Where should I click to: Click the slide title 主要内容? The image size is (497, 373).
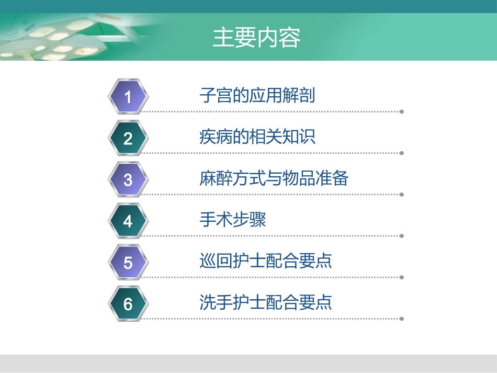point(256,38)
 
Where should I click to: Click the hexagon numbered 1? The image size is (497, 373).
point(128,97)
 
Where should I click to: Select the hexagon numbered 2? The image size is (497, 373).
point(128,139)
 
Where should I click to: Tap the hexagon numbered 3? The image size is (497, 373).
point(128,180)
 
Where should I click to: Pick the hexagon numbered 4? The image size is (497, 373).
point(128,221)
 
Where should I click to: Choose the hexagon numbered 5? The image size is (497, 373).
point(128,263)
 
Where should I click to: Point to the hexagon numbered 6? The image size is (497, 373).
point(128,304)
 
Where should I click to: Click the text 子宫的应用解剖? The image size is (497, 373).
point(257,96)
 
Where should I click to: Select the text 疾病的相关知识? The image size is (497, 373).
point(257,137)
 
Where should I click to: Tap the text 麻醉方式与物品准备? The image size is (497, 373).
point(274,179)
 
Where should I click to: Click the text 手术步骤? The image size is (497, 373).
point(233,220)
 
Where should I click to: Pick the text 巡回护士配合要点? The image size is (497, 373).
point(266,261)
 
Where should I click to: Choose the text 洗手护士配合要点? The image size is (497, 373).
point(266,302)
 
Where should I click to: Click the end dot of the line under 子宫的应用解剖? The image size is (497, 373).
point(402,111)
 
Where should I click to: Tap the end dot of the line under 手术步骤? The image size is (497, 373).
point(402,236)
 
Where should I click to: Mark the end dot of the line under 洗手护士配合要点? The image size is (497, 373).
point(402,319)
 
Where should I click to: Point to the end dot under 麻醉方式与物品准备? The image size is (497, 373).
point(402,195)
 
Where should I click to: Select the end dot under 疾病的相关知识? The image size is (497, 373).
point(402,153)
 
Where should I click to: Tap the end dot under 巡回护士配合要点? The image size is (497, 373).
point(402,277)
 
